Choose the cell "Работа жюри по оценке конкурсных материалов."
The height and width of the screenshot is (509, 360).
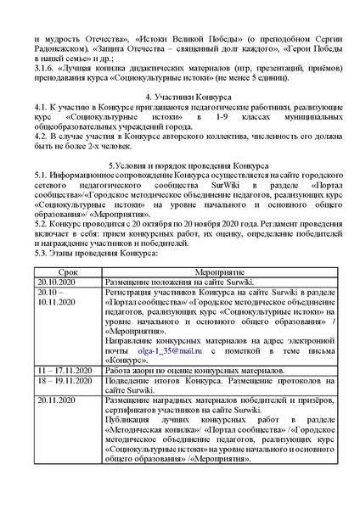coord(201,371)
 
